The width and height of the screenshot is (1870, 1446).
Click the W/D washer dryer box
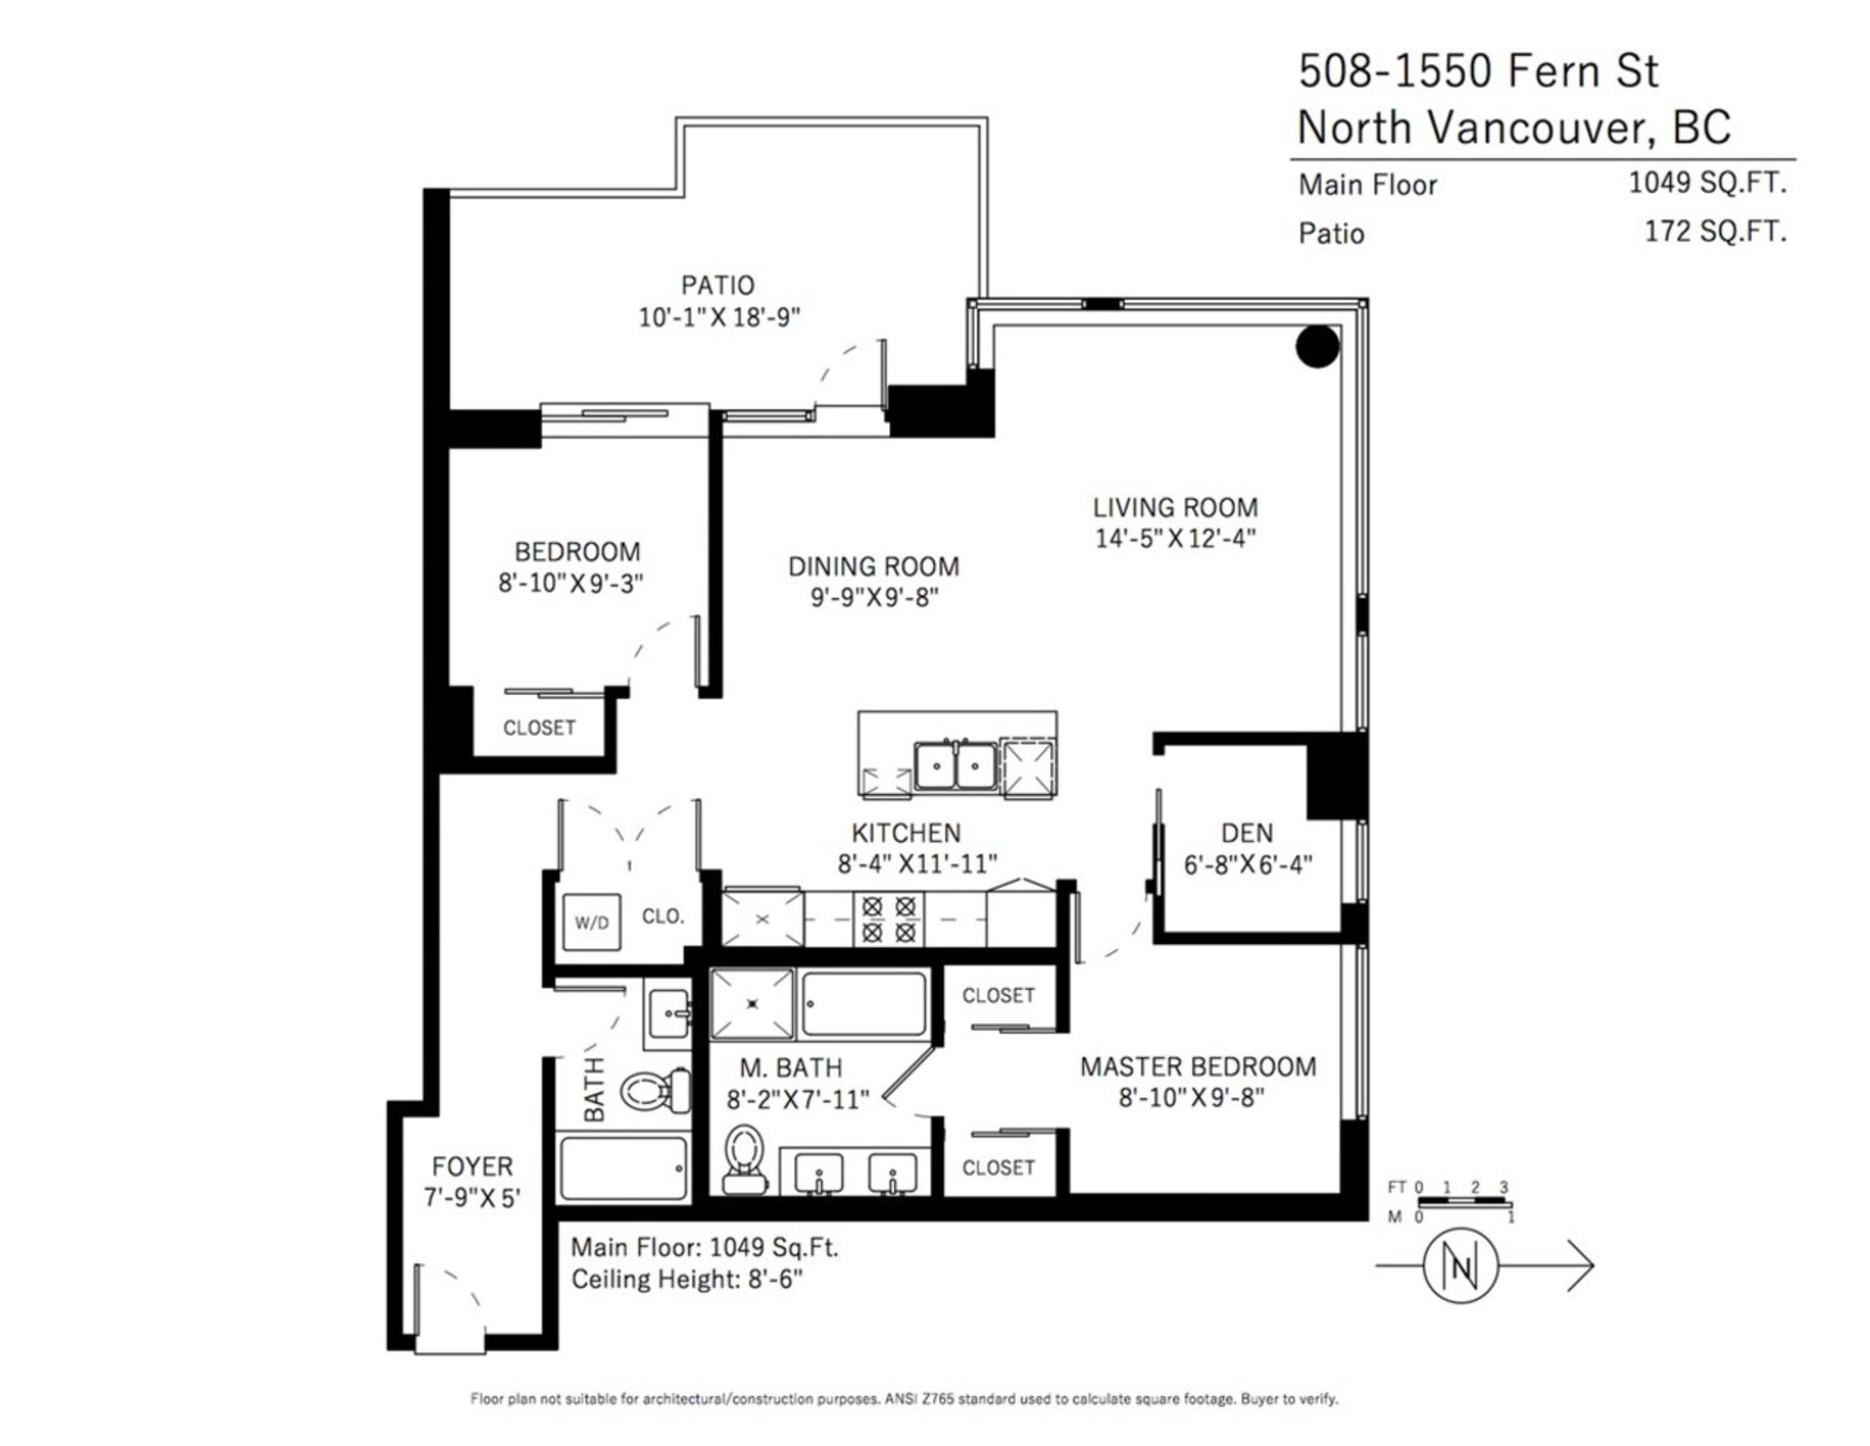[592, 922]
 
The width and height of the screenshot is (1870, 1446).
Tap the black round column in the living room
[1318, 346]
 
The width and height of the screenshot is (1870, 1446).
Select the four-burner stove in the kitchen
[889, 920]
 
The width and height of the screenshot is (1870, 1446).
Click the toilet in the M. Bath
[746, 1160]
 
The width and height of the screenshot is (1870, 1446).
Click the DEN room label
[1247, 833]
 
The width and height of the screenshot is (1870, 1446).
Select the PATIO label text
[718, 285]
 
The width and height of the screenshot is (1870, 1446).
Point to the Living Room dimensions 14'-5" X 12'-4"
[1176, 539]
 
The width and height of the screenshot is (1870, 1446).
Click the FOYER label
[472, 1166]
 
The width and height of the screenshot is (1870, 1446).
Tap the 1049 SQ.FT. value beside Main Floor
[1707, 182]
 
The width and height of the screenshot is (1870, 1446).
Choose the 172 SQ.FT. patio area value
[1715, 232]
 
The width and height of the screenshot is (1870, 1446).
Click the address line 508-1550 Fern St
[1478, 71]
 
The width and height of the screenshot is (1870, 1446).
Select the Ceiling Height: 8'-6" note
[687, 1279]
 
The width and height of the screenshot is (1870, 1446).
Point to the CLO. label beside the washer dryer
[663, 917]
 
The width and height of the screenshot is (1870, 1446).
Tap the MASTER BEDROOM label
[1198, 1067]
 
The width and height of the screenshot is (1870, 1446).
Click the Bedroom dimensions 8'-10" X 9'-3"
[571, 584]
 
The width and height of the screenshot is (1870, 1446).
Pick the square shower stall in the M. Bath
[753, 1004]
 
